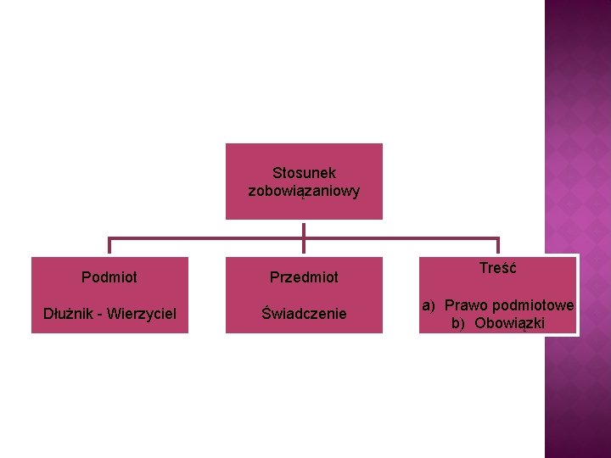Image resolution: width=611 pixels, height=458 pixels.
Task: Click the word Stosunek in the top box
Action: click(304, 173)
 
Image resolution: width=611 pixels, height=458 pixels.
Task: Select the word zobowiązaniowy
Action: click(304, 191)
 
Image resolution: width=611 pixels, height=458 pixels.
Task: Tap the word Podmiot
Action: click(109, 277)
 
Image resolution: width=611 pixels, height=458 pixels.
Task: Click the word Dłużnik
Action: click(70, 314)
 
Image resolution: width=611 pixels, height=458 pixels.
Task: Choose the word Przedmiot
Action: click(304, 277)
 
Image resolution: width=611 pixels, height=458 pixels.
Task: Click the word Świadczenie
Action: click(304, 314)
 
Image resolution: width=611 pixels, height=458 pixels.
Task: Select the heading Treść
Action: click(498, 268)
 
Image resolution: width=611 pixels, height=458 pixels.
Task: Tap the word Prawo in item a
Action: click(464, 305)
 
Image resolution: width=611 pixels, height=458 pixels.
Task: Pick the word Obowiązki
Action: click(509, 323)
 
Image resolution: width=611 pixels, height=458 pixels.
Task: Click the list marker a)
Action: click(429, 305)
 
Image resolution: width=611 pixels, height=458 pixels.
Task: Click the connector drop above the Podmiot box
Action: click(109, 246)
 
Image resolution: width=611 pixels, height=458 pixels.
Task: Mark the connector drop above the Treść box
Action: click(498, 246)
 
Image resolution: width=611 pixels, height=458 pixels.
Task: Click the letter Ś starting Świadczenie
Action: click(266, 313)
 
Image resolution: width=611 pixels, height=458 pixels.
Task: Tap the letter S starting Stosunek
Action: click(277, 173)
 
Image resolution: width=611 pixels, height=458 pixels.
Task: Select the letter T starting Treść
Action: click(484, 268)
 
